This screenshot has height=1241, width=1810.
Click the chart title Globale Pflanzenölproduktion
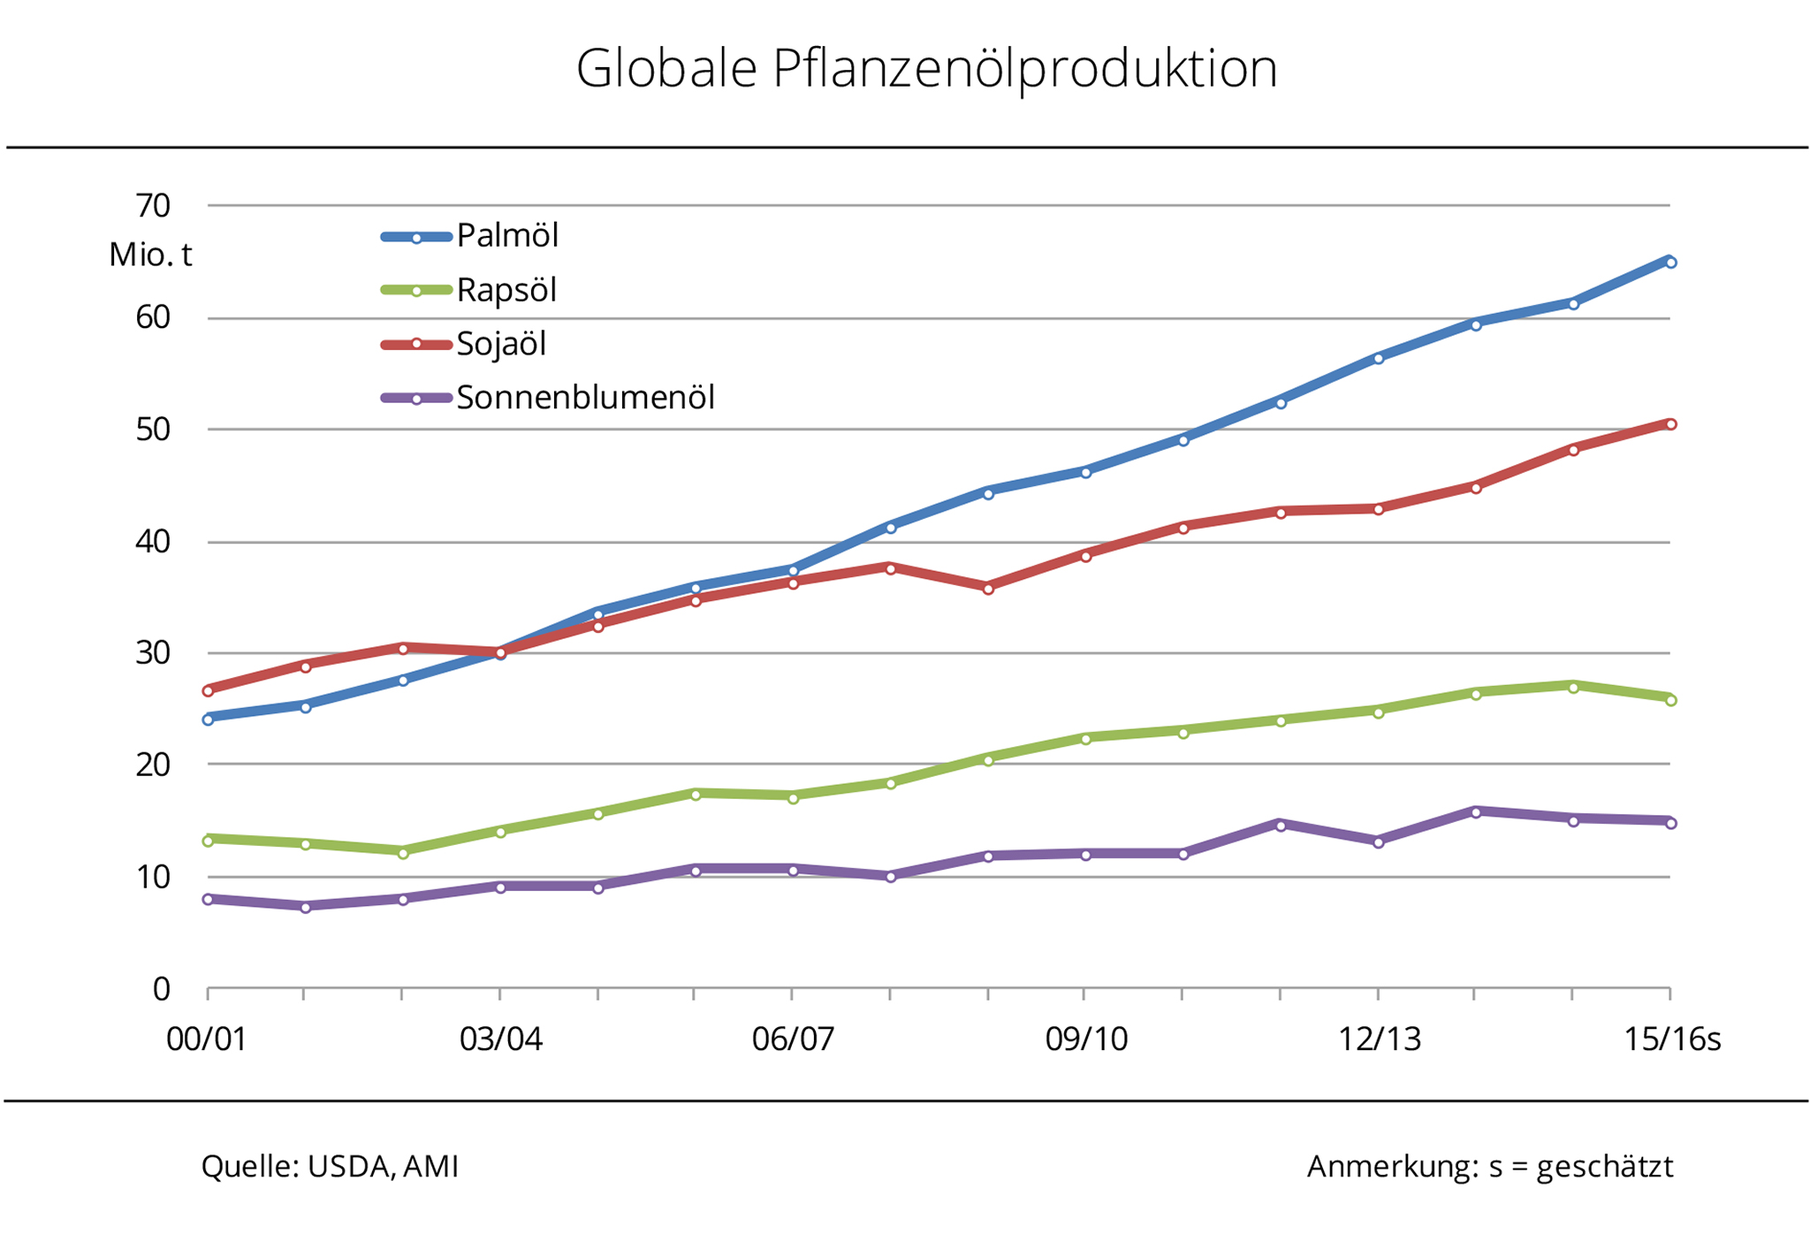(926, 69)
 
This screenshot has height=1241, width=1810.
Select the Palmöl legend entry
(506, 236)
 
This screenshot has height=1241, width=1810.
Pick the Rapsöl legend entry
(506, 290)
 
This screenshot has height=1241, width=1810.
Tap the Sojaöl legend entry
(500, 344)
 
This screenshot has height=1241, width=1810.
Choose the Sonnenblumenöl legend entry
(585, 398)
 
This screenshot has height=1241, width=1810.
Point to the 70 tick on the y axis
(153, 206)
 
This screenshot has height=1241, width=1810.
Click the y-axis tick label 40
(153, 542)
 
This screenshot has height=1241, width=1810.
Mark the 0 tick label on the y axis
(161, 989)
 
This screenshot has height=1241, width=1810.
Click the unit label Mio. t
(150, 255)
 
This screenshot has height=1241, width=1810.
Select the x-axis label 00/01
(207, 1039)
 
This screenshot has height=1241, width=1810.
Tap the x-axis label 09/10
(1086, 1039)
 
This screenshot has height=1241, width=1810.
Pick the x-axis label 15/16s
(1672, 1039)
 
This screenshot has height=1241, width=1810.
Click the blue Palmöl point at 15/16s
(1670, 263)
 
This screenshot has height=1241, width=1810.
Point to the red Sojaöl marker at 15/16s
(1670, 424)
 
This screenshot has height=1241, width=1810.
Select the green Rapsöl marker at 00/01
(208, 841)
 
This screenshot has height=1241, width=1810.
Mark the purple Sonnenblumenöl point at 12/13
(1378, 842)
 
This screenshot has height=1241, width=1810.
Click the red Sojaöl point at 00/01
(208, 690)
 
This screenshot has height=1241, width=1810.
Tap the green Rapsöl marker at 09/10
(1085, 739)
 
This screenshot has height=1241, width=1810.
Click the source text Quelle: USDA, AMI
(330, 1167)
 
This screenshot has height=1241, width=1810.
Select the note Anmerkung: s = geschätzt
(1490, 1167)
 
